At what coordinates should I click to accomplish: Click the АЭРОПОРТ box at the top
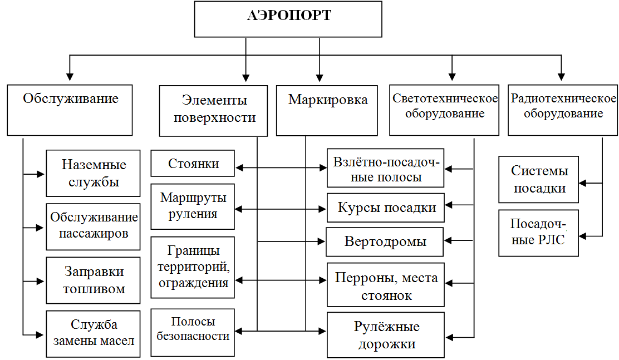pos(288,19)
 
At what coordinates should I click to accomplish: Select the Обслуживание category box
pos(70,110)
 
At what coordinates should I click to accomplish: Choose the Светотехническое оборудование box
pos(444,110)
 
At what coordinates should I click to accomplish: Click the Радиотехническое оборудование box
pos(563,110)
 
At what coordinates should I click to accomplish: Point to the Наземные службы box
pos(93,173)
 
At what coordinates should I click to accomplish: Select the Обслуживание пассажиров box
pos(93,225)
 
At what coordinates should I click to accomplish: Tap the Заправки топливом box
pos(93,280)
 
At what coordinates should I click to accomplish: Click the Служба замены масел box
pos(93,333)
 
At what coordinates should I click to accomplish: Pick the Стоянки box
pos(193,164)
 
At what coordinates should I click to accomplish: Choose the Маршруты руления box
pos(193,206)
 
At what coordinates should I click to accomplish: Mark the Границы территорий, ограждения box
pos(193,267)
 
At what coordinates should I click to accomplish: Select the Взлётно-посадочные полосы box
pos(385,170)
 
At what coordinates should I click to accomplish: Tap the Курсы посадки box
pos(385,208)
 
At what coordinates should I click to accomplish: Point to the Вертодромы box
pos(385,241)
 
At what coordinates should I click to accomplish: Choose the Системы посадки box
pos(538,180)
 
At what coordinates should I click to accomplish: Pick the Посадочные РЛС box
pos(538,233)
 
